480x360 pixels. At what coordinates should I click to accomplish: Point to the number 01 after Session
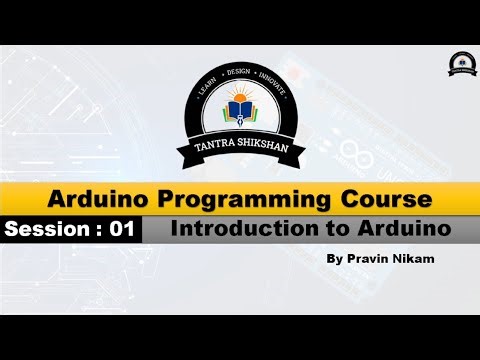pyautogui.click(x=122, y=229)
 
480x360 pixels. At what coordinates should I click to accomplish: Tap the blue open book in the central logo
pyautogui.click(x=240, y=118)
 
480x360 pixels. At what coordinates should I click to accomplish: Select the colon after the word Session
pyautogui.click(x=97, y=230)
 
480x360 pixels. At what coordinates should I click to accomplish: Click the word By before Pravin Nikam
pyautogui.click(x=334, y=258)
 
